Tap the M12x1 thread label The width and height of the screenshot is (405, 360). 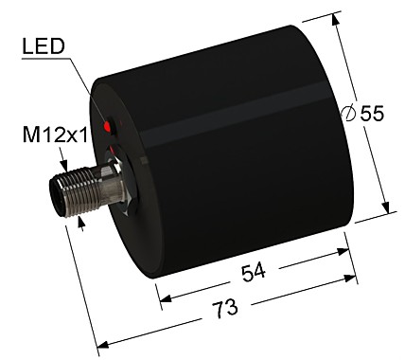coord(56,135)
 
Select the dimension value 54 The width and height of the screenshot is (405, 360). coord(253,272)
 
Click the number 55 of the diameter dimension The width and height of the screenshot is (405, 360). coord(372,113)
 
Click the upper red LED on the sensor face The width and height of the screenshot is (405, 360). coord(111,124)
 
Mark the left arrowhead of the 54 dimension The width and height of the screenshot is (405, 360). coord(164,300)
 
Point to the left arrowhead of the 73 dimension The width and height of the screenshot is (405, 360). coord(102,344)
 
